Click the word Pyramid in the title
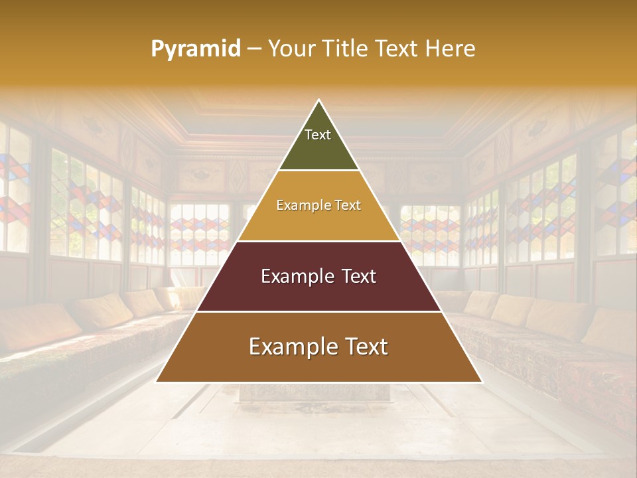coord(195,49)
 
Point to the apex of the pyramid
coord(319,101)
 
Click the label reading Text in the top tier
coord(318,135)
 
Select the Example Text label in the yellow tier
coord(318,205)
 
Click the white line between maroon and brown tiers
coord(319,311)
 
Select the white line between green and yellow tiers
coord(319,171)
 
